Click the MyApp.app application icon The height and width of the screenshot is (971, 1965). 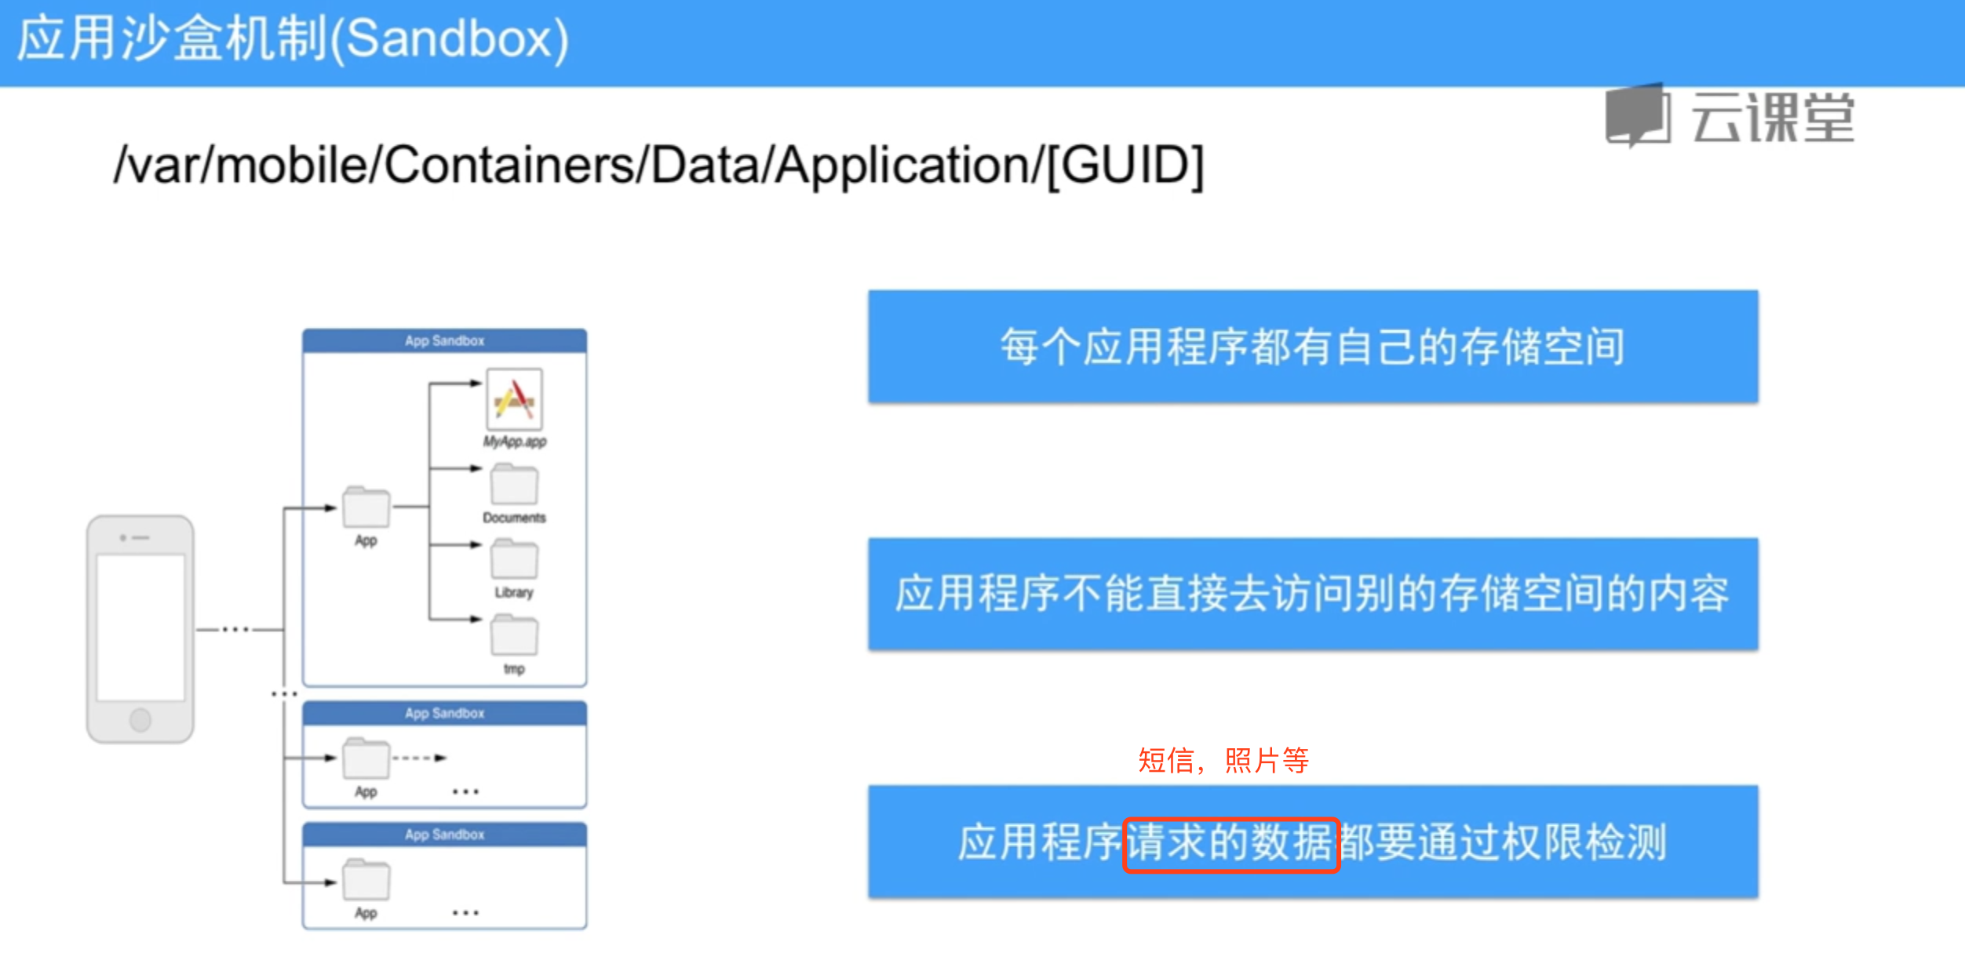tap(514, 398)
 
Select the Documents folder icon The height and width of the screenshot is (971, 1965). tap(514, 484)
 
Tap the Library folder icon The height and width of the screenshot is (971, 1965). tap(514, 558)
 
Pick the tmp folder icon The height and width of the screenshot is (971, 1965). tap(514, 635)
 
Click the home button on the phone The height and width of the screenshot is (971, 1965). tap(140, 719)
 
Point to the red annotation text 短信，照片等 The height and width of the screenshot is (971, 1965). tap(1223, 760)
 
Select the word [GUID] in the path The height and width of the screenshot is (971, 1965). tap(1125, 165)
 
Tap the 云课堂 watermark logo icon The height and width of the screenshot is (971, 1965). tap(1639, 116)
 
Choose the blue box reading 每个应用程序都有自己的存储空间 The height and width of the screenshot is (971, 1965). tap(1313, 347)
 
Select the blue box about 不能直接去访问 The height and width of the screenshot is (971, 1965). tap(1313, 594)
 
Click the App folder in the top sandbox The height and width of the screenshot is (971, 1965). tap(366, 507)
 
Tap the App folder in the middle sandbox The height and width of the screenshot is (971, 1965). tap(366, 758)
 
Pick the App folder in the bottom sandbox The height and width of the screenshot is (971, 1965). tap(366, 879)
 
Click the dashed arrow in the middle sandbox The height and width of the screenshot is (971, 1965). tap(420, 758)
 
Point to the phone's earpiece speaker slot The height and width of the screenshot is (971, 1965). tap(140, 538)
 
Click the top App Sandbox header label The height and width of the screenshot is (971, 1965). tap(445, 341)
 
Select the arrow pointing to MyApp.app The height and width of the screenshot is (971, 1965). tap(455, 384)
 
